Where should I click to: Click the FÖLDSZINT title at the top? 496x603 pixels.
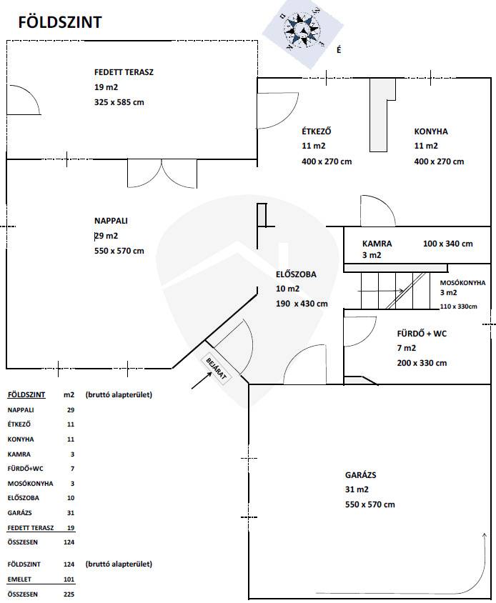point(60,22)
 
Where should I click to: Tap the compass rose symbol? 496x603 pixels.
point(302,30)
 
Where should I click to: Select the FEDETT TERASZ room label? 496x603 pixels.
point(124,72)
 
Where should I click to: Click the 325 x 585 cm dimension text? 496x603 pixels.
point(119,102)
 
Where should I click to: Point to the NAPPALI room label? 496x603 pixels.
point(111,221)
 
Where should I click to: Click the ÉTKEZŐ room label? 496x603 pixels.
point(317,131)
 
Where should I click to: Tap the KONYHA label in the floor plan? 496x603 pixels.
point(431,131)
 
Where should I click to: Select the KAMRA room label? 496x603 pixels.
point(377,244)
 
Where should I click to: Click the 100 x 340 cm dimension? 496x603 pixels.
point(448,244)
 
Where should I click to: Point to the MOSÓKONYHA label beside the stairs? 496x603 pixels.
point(462,283)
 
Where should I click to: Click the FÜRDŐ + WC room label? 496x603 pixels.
point(422,334)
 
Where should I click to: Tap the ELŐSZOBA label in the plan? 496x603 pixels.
point(296,274)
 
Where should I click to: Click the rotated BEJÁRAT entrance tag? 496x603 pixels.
point(216,369)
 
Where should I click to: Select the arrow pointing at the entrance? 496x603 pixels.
point(202,380)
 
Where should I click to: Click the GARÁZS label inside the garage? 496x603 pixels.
point(360,475)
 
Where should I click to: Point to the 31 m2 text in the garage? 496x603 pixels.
point(357,489)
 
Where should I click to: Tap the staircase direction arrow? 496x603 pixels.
point(380,291)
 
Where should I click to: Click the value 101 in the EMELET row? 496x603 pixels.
point(69,579)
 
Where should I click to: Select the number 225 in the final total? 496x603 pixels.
point(69,594)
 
